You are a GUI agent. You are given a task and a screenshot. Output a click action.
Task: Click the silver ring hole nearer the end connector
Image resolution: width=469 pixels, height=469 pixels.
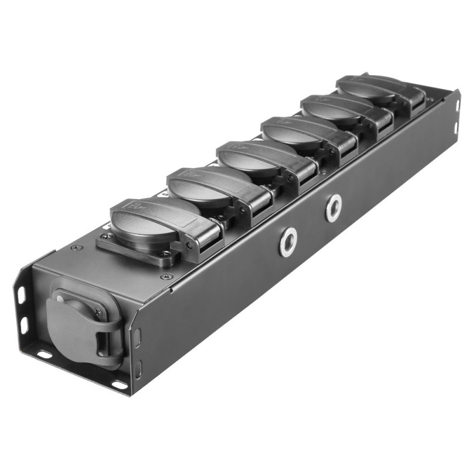(288, 242)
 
